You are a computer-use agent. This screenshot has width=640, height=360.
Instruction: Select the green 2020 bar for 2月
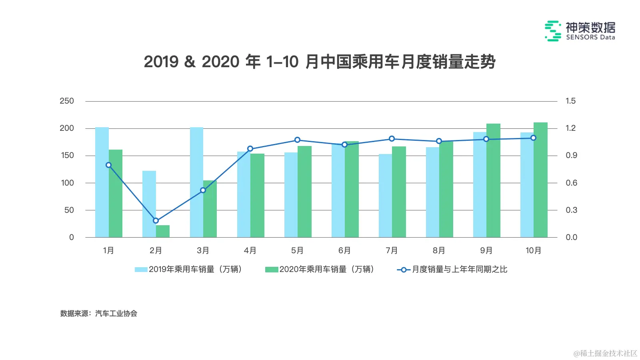[x=163, y=231]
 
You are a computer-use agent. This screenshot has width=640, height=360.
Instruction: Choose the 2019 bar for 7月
[x=385, y=196]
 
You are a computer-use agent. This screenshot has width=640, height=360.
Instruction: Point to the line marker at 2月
[x=156, y=220]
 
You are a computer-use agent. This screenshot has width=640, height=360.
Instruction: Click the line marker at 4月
[x=250, y=149]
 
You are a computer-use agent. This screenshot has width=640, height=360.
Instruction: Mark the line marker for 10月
[x=533, y=138]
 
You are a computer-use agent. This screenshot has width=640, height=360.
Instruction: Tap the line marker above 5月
[x=297, y=140]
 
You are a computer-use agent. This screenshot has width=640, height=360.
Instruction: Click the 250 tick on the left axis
[x=67, y=101]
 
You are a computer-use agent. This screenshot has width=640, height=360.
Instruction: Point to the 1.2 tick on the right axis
[x=571, y=128]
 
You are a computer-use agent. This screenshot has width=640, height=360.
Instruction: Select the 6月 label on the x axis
[x=344, y=250]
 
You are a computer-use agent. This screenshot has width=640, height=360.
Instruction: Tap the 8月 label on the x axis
[x=439, y=250]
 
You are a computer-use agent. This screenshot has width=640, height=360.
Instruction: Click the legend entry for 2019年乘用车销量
[x=188, y=269]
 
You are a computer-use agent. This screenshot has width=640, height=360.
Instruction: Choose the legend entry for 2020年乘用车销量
[x=320, y=269]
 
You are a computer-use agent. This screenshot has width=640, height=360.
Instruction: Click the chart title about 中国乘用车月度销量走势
[x=320, y=62]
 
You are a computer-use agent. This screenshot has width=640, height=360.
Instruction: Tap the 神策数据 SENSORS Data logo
[x=580, y=31]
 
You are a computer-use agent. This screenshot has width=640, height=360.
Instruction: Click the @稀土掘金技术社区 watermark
[x=605, y=353]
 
